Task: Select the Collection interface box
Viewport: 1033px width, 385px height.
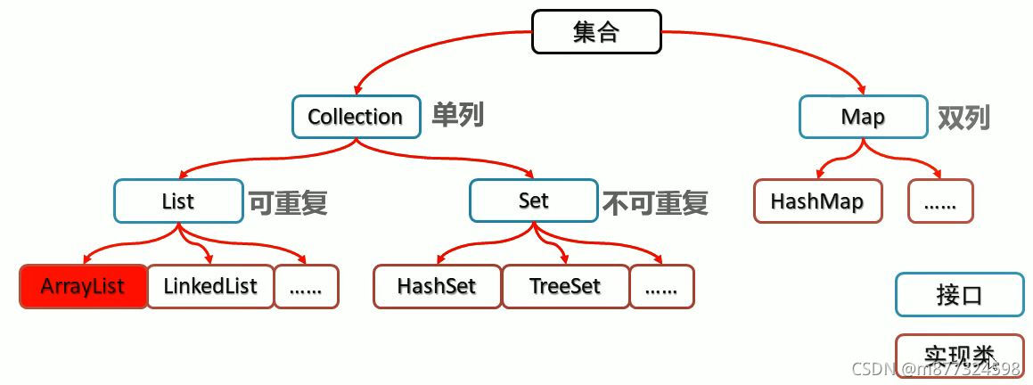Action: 356,117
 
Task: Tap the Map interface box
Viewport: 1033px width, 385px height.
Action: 863,117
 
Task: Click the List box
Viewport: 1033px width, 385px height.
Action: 178,201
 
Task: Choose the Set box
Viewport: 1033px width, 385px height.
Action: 533,201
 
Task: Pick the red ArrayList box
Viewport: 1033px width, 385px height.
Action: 83,286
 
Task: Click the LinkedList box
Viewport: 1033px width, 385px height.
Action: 210,286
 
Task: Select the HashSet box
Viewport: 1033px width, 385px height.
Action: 437,286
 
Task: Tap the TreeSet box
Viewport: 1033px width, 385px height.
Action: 565,286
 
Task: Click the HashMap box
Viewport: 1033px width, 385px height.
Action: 817,201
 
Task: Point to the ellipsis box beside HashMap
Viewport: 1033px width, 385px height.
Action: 940,201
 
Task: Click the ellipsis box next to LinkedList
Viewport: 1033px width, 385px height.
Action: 307,286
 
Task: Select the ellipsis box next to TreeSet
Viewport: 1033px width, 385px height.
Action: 661,286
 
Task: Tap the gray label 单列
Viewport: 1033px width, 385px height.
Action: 457,115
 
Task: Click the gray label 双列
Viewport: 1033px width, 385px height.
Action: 963,117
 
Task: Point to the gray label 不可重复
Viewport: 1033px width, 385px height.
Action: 655,202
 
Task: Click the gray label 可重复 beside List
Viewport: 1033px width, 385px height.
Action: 287,202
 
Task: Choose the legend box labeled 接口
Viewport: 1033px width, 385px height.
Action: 959,295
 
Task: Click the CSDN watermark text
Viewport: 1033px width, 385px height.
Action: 936,369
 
